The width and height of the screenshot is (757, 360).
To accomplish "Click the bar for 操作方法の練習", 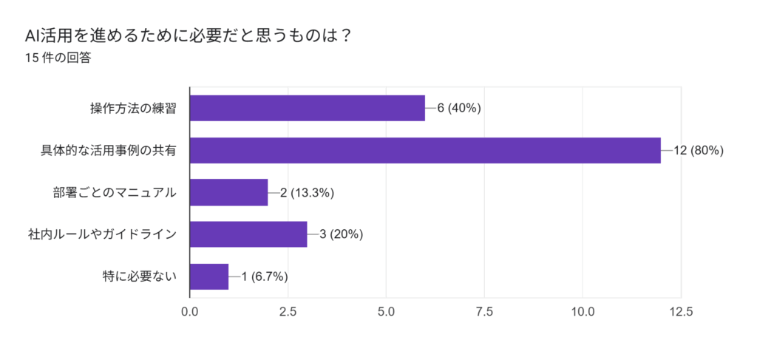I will point(308,108).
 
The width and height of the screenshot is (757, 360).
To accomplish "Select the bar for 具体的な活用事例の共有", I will point(425,150).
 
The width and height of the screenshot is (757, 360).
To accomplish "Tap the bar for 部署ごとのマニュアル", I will point(228,193).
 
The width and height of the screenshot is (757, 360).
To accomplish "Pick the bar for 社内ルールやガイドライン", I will point(248,234).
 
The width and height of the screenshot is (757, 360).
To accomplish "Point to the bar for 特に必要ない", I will point(209,276).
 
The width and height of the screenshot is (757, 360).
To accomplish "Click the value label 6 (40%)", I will point(459,108).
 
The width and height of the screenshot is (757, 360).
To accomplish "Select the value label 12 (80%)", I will point(698,150).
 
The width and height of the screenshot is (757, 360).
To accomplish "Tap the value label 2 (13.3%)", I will point(308,193).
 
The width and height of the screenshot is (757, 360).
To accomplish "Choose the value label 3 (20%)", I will point(341,234).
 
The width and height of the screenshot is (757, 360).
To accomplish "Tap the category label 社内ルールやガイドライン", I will point(103,234).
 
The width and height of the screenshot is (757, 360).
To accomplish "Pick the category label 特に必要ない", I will point(140,276).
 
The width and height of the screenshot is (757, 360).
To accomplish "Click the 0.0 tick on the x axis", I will point(190,312).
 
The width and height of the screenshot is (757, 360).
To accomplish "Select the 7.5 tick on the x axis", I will point(484,312).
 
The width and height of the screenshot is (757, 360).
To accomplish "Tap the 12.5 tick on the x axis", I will point(680,312).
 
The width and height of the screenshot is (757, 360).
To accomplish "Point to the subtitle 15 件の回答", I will point(58,58).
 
